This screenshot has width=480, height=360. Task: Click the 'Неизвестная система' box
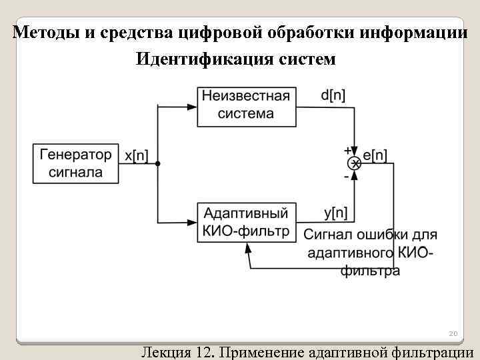pyautogui.click(x=247, y=105)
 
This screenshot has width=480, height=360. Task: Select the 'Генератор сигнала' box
pyautogui.click(x=76, y=163)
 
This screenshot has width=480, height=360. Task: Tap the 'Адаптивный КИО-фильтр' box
pyautogui.click(x=247, y=223)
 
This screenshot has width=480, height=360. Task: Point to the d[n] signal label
pyautogui.click(x=333, y=95)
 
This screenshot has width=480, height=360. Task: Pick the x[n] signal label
pyautogui.click(x=137, y=156)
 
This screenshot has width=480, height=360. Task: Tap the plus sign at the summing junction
pyautogui.click(x=347, y=151)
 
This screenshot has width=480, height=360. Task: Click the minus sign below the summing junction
pyautogui.click(x=347, y=177)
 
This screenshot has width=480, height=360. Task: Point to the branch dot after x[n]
pyautogui.click(x=158, y=163)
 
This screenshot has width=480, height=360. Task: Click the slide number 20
pyautogui.click(x=453, y=333)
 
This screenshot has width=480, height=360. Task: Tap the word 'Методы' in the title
pyautogui.click(x=45, y=31)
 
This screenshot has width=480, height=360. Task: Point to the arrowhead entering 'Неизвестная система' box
pyautogui.click(x=193, y=105)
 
